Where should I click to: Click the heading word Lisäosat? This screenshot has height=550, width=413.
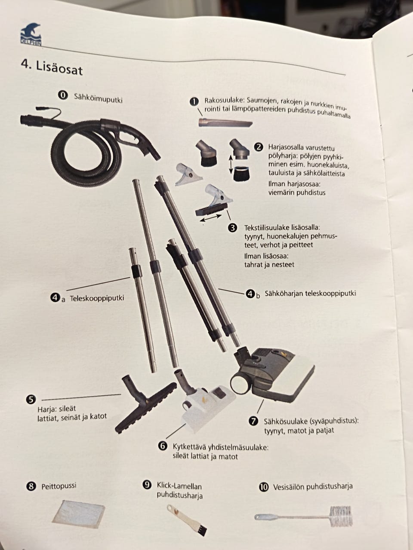(59, 68)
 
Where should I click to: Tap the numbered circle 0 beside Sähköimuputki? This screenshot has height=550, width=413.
(63, 95)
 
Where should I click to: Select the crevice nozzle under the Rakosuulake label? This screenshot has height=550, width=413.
(225, 123)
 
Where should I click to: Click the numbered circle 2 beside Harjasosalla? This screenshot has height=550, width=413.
(259, 147)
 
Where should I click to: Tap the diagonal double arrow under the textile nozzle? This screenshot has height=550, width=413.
(211, 217)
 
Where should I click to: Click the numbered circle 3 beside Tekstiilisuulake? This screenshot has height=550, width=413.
(232, 228)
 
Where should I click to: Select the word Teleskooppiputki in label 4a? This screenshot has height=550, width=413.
(97, 299)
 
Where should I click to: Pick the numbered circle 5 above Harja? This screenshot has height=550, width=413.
(31, 399)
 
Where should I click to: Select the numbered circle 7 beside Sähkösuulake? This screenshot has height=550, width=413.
(253, 421)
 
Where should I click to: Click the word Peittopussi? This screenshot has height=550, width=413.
(59, 486)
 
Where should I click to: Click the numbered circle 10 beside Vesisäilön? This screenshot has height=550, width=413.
(263, 487)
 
